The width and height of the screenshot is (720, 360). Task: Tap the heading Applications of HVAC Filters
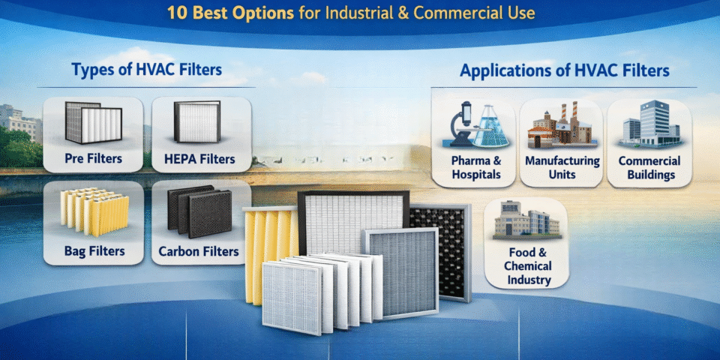(565, 71)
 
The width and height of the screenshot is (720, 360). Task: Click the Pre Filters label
(93, 159)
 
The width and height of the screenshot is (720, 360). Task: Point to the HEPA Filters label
(199, 159)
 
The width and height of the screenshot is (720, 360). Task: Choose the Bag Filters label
(94, 250)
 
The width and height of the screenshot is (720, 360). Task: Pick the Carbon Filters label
(199, 250)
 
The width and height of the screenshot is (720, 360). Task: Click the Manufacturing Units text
(562, 167)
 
